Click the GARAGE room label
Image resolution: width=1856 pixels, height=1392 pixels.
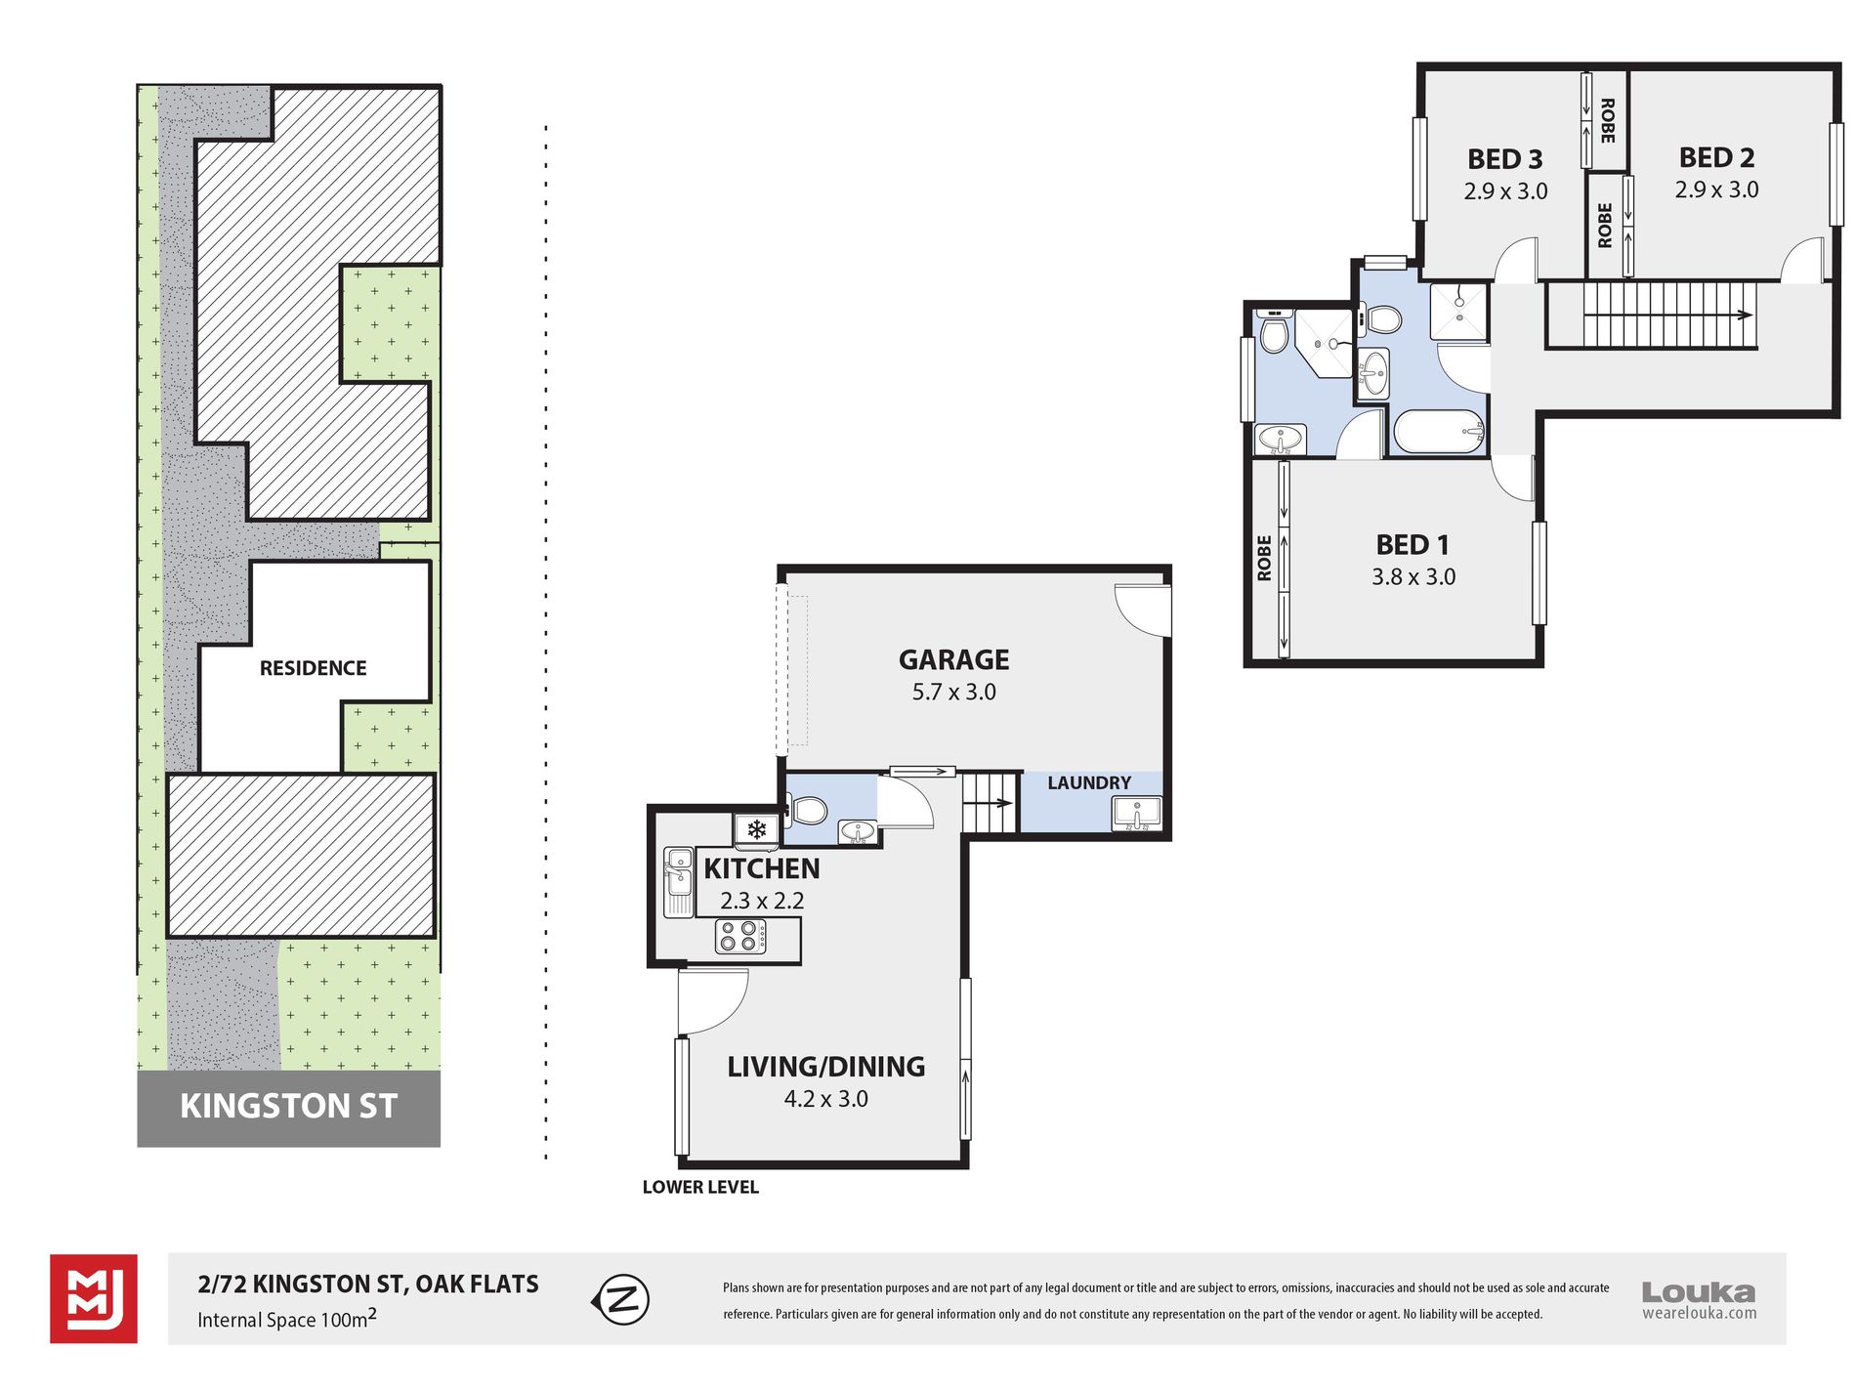(x=953, y=660)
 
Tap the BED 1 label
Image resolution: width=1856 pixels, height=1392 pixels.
(x=1413, y=545)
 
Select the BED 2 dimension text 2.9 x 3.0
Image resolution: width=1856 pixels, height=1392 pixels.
(x=1716, y=190)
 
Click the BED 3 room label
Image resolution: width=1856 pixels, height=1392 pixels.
(x=1505, y=159)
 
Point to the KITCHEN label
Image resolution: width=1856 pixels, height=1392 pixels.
(x=762, y=868)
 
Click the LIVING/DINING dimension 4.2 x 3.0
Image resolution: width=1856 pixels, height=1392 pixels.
(x=825, y=1099)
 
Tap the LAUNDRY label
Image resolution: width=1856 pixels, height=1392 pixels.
(x=1089, y=783)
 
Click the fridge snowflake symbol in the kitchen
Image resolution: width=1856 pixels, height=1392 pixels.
(x=756, y=830)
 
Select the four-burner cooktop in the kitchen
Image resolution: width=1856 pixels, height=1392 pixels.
(x=740, y=937)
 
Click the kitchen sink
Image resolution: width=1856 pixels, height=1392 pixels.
(x=678, y=883)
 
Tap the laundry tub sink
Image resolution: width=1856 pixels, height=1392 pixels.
(x=1137, y=814)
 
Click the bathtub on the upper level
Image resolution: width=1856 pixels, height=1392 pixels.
(x=1439, y=432)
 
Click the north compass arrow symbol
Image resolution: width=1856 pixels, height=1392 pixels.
(x=620, y=1300)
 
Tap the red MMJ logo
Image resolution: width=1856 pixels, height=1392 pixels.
(x=94, y=1299)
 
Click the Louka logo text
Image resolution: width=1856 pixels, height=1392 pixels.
(x=1699, y=1293)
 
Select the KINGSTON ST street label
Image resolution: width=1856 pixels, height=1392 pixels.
(x=288, y=1107)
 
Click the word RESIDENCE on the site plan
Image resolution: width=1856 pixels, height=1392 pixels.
(x=313, y=668)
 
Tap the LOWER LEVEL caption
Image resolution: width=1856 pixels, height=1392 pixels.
(x=700, y=1188)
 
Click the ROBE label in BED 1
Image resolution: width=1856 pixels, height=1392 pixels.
(x=1264, y=558)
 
